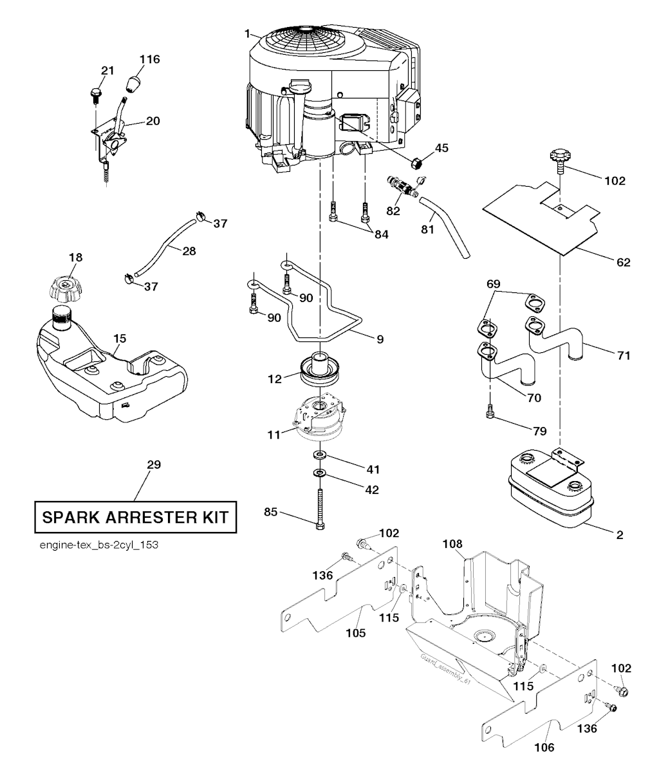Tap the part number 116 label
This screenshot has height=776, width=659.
151,59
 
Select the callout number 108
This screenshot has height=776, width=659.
452,544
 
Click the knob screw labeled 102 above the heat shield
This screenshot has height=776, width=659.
558,157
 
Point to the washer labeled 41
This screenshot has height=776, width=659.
320,457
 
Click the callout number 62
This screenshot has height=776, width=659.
623,262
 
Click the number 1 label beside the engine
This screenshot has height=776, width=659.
247,32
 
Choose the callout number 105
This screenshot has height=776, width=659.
355,633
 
